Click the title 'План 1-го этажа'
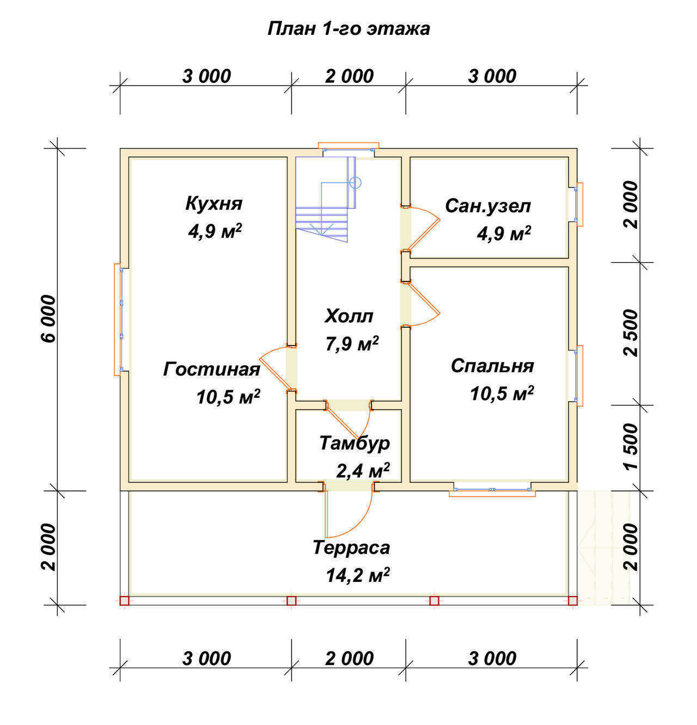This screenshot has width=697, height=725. (x=348, y=29)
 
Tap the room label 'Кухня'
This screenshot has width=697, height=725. (x=214, y=204)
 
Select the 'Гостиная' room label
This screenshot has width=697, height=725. (x=212, y=370)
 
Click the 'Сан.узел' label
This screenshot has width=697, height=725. (x=488, y=207)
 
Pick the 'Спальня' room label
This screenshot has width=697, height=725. (x=492, y=366)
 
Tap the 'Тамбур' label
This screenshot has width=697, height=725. (x=354, y=444)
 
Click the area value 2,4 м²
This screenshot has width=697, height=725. (x=363, y=471)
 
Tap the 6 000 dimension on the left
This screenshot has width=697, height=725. (x=49, y=318)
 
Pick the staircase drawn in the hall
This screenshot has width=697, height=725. (x=328, y=200)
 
